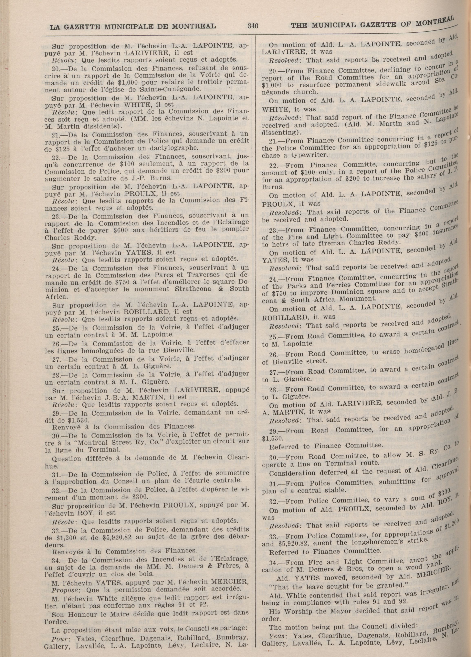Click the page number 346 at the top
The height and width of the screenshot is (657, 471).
point(253,26)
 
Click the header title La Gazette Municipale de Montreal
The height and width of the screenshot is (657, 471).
point(133,27)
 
